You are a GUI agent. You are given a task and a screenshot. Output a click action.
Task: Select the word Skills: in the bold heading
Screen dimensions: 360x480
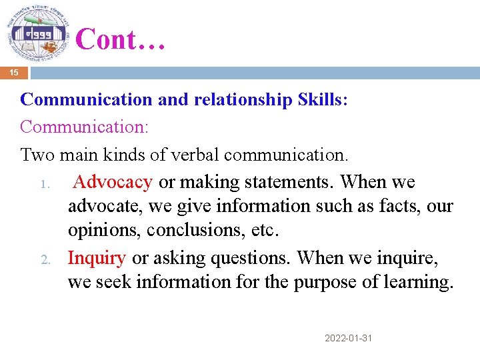(x=320, y=99)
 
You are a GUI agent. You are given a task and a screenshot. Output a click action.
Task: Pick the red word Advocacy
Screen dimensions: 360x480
(x=113, y=182)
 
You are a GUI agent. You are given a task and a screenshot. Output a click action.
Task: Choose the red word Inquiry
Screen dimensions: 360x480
(x=97, y=257)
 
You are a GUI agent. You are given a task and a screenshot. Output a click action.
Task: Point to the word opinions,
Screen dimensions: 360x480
(x=105, y=231)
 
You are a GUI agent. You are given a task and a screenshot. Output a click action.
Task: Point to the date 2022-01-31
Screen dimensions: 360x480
(x=348, y=339)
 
